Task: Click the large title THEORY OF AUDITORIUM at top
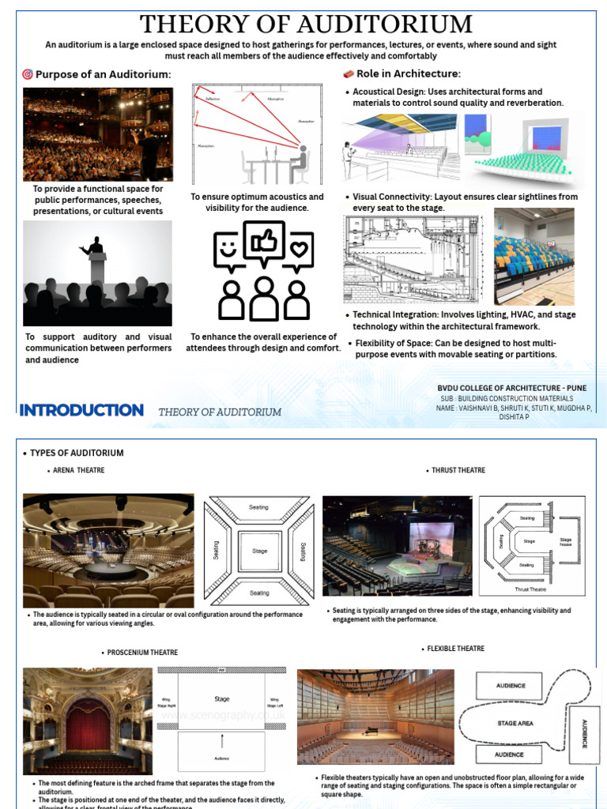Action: tap(306, 24)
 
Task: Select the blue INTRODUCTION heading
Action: tap(81, 410)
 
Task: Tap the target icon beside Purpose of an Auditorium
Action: tap(28, 74)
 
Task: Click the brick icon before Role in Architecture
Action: tap(347, 74)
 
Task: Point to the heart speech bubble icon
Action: tap(298, 250)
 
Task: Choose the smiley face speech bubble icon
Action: tap(229, 250)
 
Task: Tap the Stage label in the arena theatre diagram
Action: tap(259, 551)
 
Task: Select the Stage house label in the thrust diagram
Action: tap(565, 544)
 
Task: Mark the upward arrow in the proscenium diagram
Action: tap(222, 741)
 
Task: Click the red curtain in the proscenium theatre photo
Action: tap(88, 728)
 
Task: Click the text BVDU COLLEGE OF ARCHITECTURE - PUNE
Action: tap(512, 388)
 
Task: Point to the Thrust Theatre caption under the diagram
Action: tap(531, 589)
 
